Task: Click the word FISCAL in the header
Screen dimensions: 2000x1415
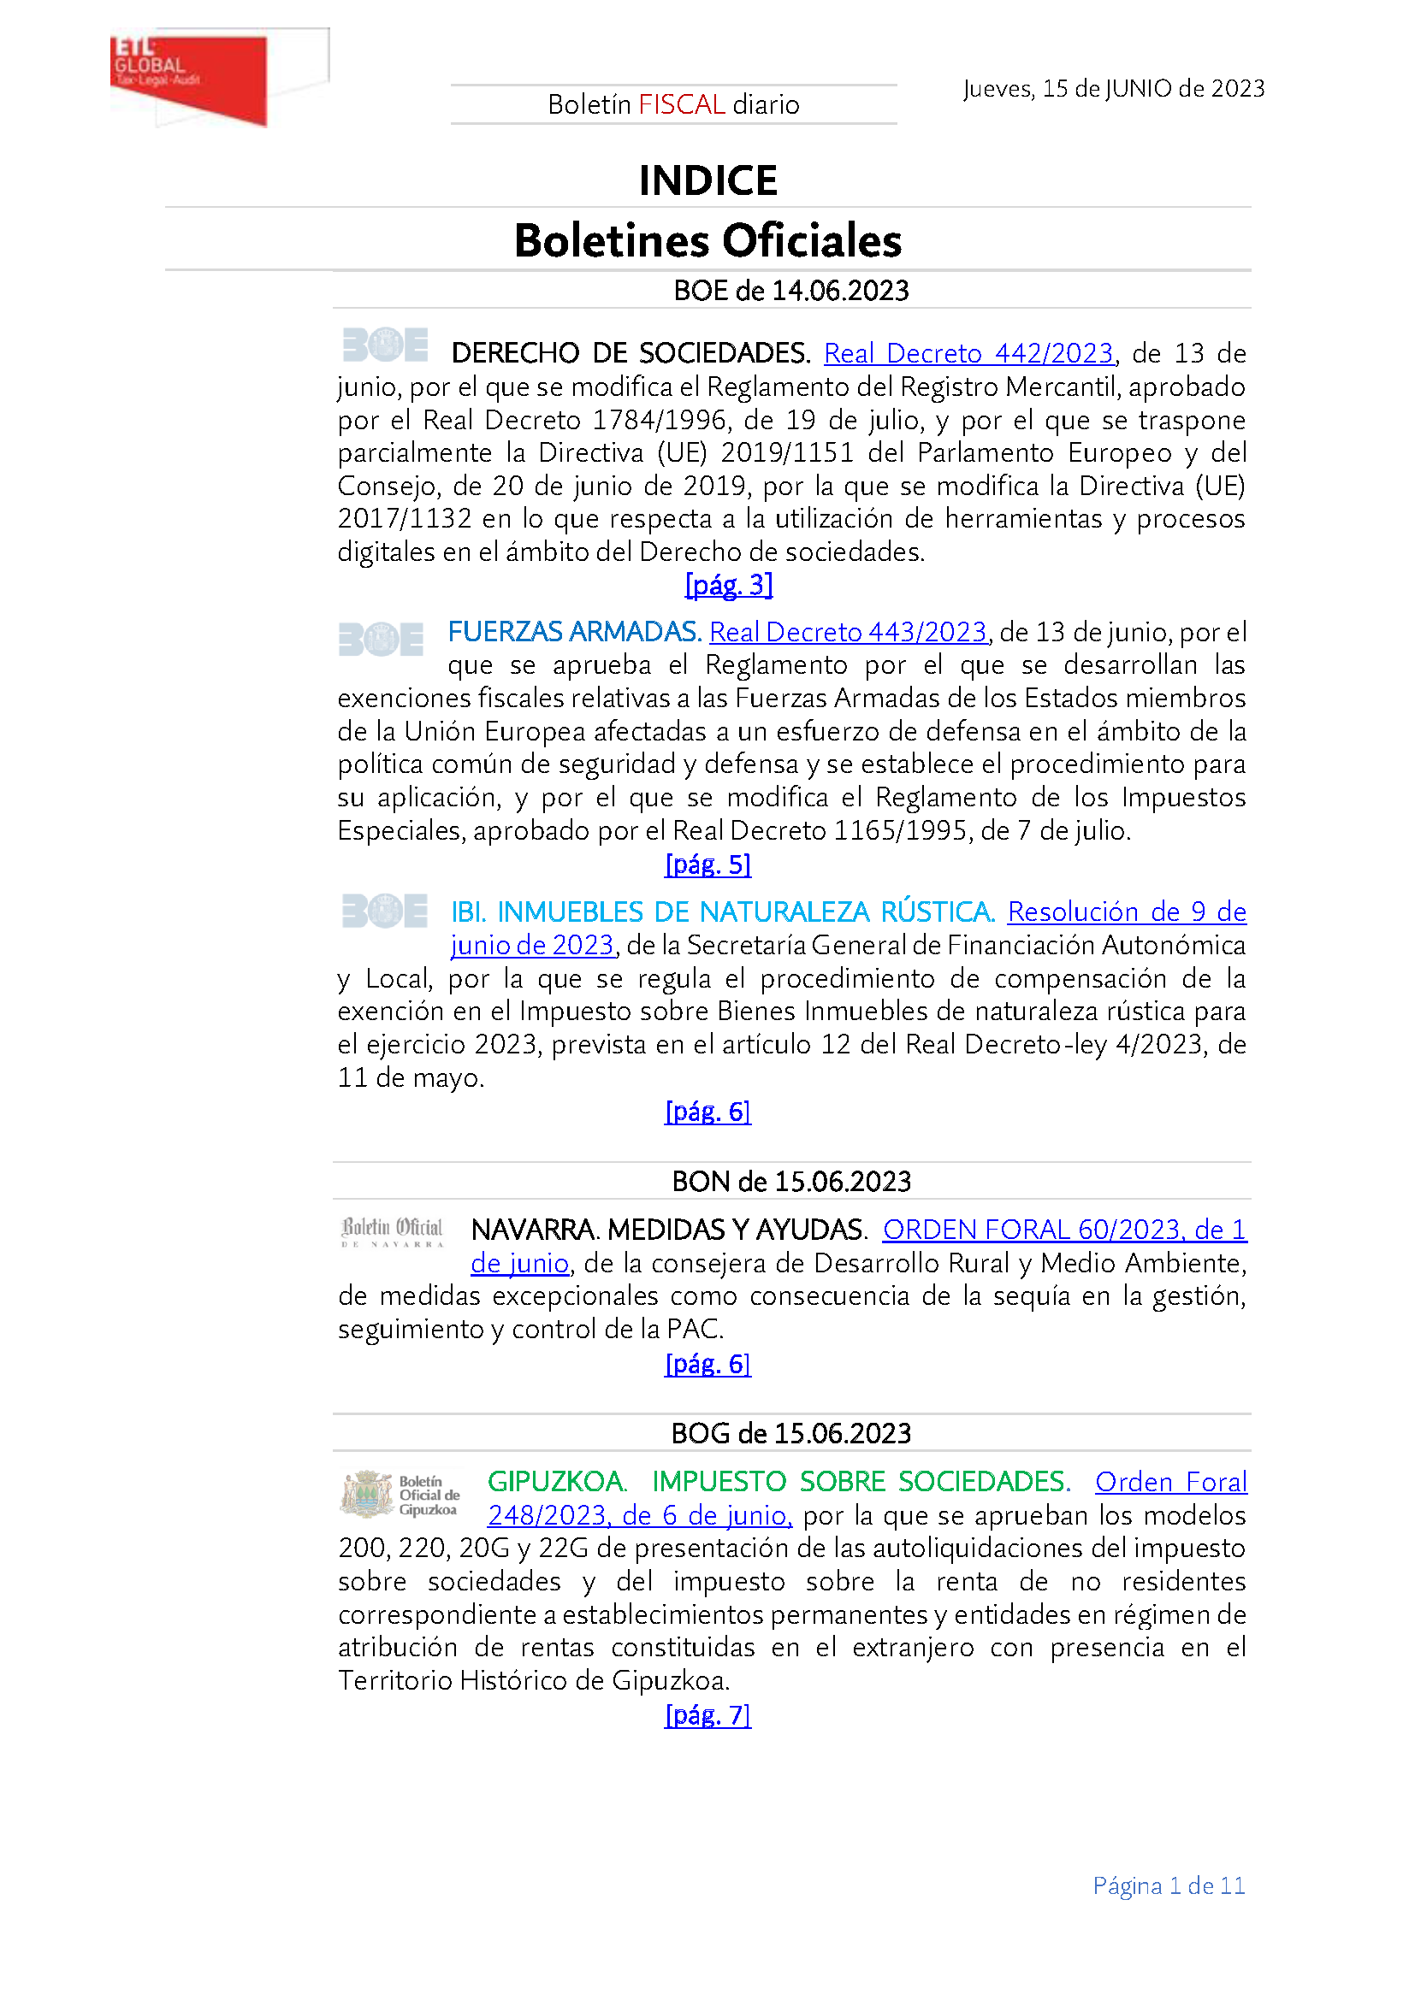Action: coord(681,104)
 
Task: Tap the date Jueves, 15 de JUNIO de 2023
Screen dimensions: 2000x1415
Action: coord(1114,89)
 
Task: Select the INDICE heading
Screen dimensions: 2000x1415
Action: coord(707,180)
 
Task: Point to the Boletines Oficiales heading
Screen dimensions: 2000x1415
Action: coord(707,240)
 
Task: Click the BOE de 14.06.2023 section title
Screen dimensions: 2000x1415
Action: coord(791,290)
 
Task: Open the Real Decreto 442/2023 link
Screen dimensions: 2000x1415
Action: coord(968,353)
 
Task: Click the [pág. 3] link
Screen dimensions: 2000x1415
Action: coord(729,585)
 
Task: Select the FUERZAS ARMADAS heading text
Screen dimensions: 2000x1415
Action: coord(574,632)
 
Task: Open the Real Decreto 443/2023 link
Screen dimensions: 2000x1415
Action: coord(848,632)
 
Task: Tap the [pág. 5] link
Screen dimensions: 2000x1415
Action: coord(707,864)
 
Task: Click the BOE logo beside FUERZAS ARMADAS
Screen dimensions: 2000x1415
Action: coord(381,640)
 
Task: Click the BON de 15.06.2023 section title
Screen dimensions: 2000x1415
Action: coord(791,1181)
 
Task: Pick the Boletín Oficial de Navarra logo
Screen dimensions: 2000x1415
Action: coord(392,1231)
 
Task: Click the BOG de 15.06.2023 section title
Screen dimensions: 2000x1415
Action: coord(791,1433)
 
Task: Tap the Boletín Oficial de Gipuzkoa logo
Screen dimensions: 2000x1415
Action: coord(400,1495)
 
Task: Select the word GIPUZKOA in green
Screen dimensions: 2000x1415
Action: coord(556,1482)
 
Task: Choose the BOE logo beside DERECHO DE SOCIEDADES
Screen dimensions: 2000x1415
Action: coord(384,345)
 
